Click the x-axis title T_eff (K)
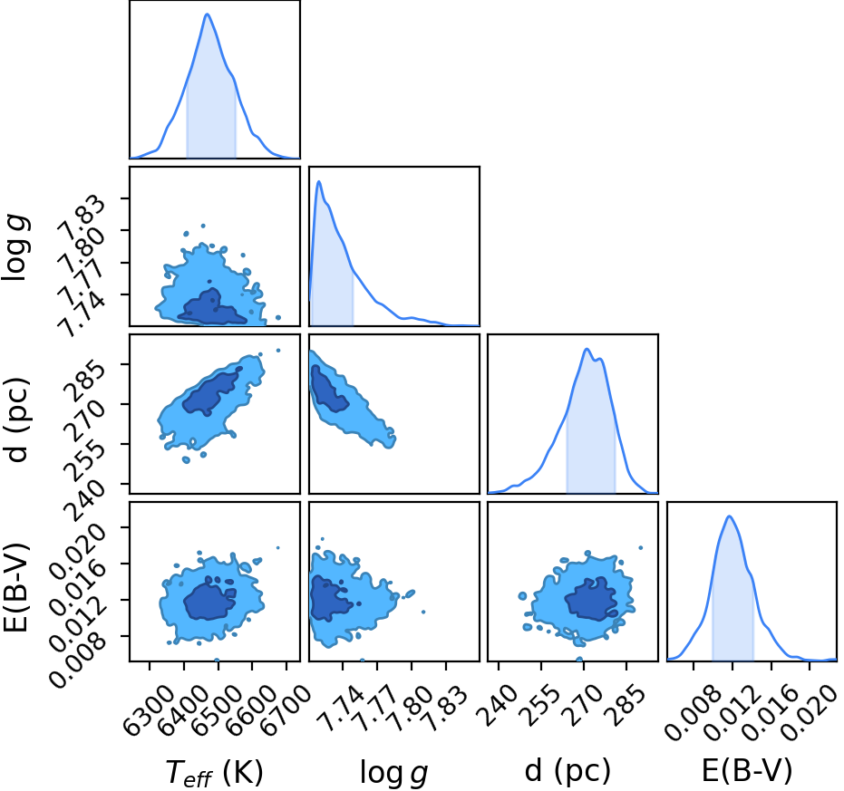214,773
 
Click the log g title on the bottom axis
394,774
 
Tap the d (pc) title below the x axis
568,771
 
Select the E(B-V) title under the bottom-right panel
748,770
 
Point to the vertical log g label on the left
15,247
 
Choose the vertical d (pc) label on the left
16,420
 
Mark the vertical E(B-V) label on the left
15,589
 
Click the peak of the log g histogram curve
319,181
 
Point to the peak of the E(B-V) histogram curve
730,516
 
